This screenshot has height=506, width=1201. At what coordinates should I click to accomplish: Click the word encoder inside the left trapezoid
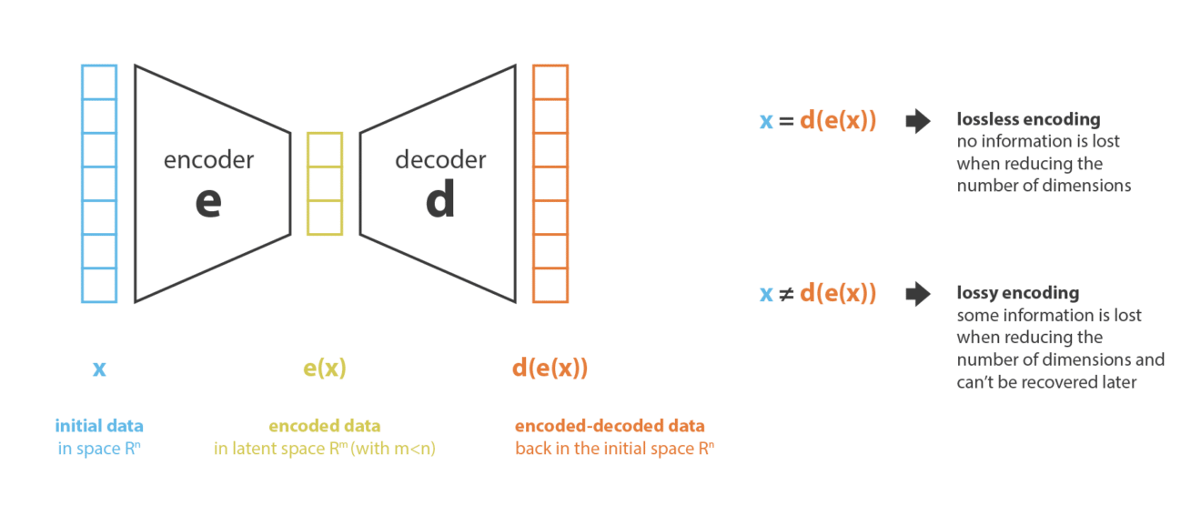(208, 160)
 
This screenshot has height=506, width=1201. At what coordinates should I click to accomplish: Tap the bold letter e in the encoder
(208, 202)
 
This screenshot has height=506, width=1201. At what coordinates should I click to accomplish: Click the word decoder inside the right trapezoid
(440, 160)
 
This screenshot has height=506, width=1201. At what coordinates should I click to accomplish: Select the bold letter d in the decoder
(440, 198)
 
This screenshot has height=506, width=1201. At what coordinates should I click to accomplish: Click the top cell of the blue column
(99, 82)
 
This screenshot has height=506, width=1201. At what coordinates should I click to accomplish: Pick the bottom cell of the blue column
(99, 285)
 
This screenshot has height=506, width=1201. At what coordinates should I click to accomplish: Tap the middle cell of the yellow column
(325, 184)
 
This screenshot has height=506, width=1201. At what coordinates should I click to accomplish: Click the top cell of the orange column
(550, 82)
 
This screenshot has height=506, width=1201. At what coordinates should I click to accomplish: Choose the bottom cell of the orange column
(550, 285)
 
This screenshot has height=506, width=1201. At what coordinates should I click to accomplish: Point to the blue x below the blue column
(99, 369)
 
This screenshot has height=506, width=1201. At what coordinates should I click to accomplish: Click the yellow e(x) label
(325, 369)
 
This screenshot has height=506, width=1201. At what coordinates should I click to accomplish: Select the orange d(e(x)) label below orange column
(550, 369)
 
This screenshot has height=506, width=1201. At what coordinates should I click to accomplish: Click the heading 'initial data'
(99, 426)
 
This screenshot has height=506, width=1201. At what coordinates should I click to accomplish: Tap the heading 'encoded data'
(325, 426)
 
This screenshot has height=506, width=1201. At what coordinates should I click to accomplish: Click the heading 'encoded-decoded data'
(610, 426)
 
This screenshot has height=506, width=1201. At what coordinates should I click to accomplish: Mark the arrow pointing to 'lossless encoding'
(918, 121)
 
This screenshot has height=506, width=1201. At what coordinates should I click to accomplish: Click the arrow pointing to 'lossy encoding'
(918, 294)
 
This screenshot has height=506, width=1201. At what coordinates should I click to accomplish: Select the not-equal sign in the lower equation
(786, 295)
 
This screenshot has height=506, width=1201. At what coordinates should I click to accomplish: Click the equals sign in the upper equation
(786, 121)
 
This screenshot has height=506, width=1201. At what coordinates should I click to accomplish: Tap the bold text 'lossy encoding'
(1018, 293)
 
